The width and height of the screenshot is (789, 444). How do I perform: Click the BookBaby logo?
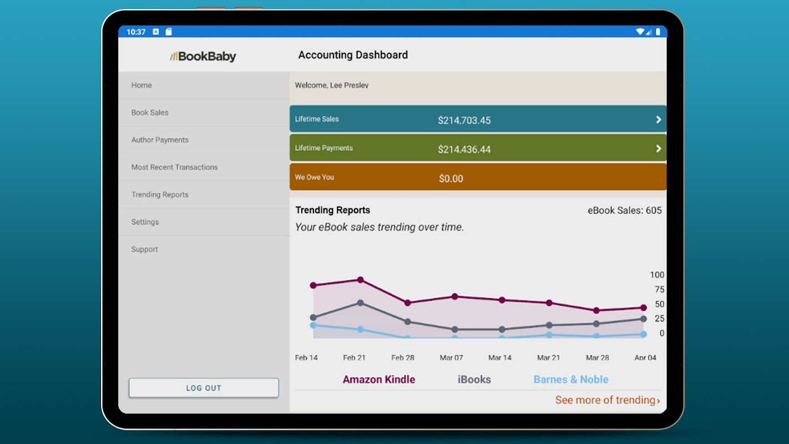[x=203, y=56]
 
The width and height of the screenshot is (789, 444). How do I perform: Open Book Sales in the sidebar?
[x=150, y=113]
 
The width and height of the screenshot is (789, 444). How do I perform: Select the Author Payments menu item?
[x=160, y=140]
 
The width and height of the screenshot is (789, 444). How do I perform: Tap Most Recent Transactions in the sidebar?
[x=174, y=167]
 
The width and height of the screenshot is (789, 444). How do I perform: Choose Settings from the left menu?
[x=145, y=222]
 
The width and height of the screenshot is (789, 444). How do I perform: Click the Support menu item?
[x=144, y=249]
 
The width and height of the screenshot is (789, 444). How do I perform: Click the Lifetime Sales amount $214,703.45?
[x=464, y=120]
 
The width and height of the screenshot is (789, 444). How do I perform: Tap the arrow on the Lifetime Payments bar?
[x=658, y=149]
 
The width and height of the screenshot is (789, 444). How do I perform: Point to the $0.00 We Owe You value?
[x=451, y=179]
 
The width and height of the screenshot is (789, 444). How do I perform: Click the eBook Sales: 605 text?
[x=624, y=210]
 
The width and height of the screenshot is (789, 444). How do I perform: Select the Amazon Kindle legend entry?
[x=379, y=380]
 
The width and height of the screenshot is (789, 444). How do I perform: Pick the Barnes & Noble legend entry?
[x=571, y=380]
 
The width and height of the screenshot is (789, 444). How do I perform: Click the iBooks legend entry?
[x=474, y=380]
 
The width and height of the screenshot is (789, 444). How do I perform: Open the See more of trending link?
[x=608, y=400]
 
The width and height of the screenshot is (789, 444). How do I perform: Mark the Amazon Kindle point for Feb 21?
[x=360, y=280]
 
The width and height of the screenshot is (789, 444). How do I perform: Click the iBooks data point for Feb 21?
[x=360, y=303]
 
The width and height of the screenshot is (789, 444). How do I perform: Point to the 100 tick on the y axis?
[x=657, y=275]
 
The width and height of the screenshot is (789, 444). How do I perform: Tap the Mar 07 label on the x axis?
[x=451, y=357]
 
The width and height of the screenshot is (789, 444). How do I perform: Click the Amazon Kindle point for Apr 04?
[x=644, y=308]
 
